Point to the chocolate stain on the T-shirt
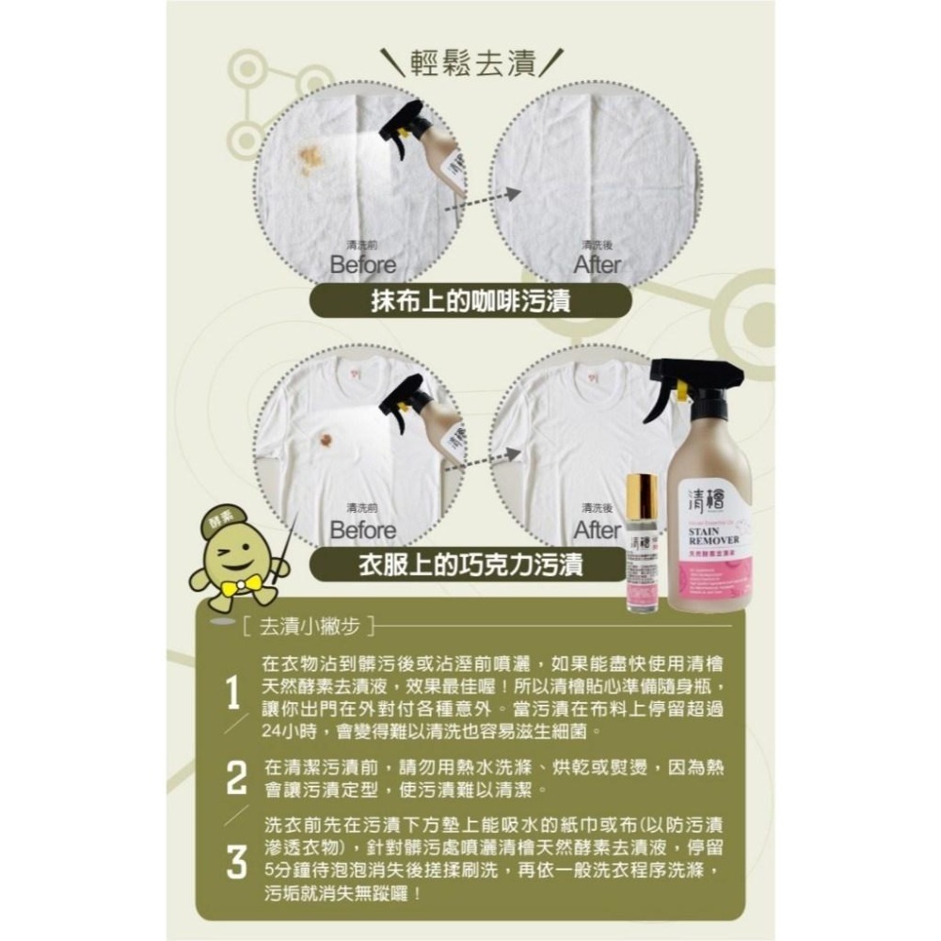pos(325,439)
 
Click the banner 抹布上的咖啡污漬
pos(470,302)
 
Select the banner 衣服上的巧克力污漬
pos(470,565)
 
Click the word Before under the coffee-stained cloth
pos(362,264)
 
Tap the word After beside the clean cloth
pos(598,264)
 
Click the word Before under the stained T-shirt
pos(362,530)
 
